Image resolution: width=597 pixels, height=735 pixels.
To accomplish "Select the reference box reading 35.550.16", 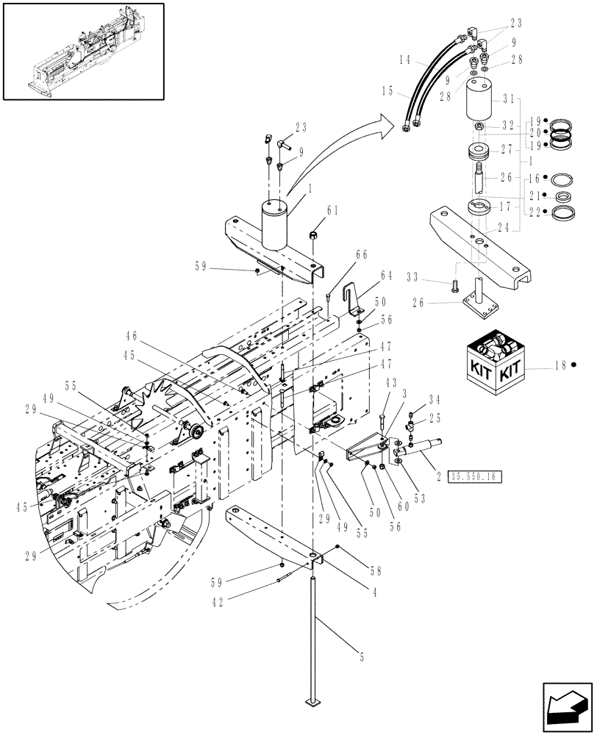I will pos(472,477).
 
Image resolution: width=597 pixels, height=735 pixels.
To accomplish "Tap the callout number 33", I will pos(434,279).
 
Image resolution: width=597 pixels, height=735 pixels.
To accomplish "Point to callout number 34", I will pos(434,401).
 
